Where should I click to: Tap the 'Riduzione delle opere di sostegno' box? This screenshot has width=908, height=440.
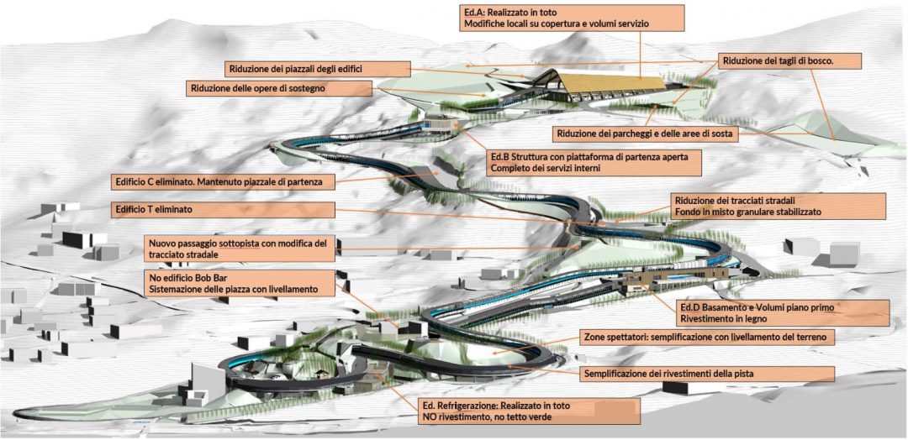click(278, 88)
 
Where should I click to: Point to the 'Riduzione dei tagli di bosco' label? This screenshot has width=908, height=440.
click(790, 60)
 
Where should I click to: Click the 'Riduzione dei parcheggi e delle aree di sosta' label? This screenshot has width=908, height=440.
click(646, 134)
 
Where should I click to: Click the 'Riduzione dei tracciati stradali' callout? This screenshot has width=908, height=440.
click(778, 206)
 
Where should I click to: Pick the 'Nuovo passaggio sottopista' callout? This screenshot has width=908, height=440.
click(240, 249)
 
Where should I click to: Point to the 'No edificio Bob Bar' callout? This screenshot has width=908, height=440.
click(240, 283)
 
